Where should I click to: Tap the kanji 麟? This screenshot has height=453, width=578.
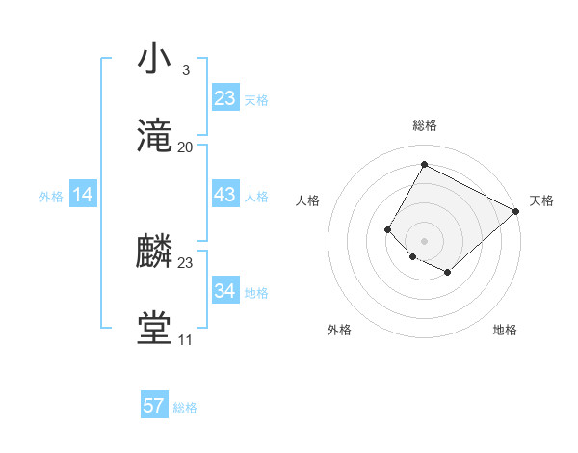(x=155, y=253)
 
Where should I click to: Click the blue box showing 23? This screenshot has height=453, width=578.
(x=224, y=98)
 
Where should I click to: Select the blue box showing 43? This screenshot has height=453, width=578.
(x=224, y=195)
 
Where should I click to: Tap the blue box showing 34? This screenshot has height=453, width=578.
(x=224, y=291)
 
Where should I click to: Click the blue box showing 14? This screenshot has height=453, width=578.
(x=83, y=196)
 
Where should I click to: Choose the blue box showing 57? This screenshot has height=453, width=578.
(x=154, y=406)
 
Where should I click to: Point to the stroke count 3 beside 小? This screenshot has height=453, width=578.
(x=185, y=70)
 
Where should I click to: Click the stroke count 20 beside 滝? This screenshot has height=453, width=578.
(x=186, y=147)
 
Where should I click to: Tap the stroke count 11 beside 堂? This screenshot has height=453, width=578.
(x=185, y=340)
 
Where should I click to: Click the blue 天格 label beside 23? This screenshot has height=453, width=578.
(x=256, y=100)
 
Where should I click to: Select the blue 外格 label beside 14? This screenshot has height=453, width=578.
(x=51, y=197)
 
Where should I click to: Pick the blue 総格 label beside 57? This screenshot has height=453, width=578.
(x=185, y=408)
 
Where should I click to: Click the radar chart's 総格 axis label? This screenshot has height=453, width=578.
(x=424, y=125)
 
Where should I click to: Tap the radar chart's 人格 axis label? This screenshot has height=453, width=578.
(x=307, y=200)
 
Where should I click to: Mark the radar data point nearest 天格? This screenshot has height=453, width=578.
(x=516, y=212)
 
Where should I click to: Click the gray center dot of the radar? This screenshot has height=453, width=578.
(x=424, y=240)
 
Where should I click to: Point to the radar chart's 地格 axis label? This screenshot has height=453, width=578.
(x=505, y=331)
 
